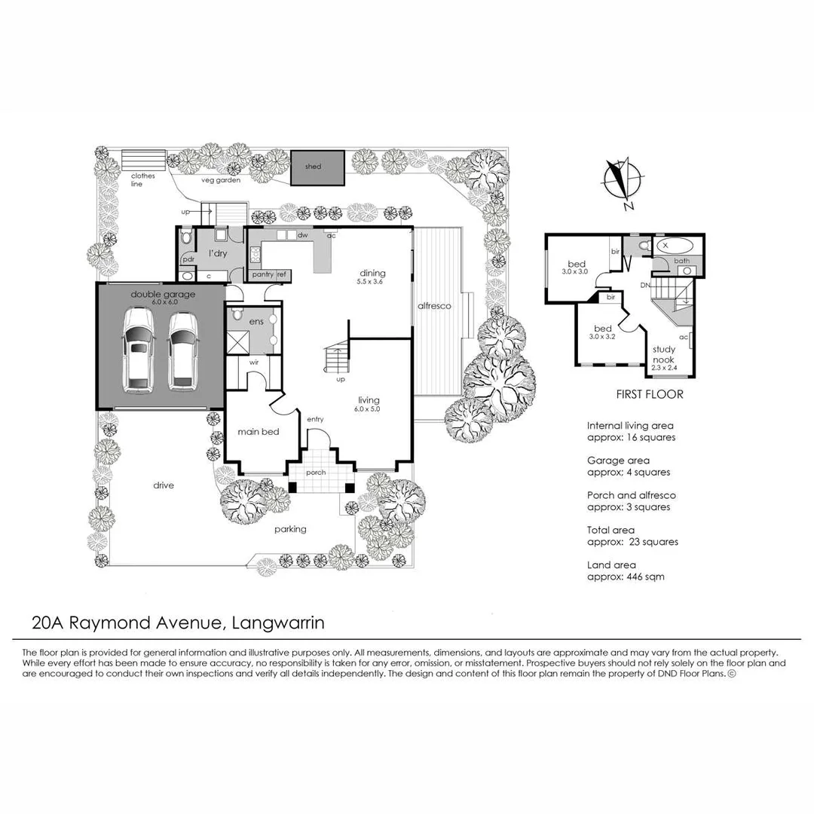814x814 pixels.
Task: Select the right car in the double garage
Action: [x=182, y=353]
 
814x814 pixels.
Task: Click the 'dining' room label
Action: [x=372, y=273]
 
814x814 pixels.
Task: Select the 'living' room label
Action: [x=369, y=400]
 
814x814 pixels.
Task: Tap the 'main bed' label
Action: [x=259, y=432]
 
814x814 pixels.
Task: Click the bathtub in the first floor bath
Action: [x=673, y=246]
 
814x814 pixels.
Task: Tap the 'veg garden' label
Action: [x=220, y=181]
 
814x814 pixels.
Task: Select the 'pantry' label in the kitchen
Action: [x=262, y=275]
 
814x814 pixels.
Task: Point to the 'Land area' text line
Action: [x=611, y=565]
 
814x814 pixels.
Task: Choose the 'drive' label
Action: [x=163, y=485]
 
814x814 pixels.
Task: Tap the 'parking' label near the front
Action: [x=290, y=529]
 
